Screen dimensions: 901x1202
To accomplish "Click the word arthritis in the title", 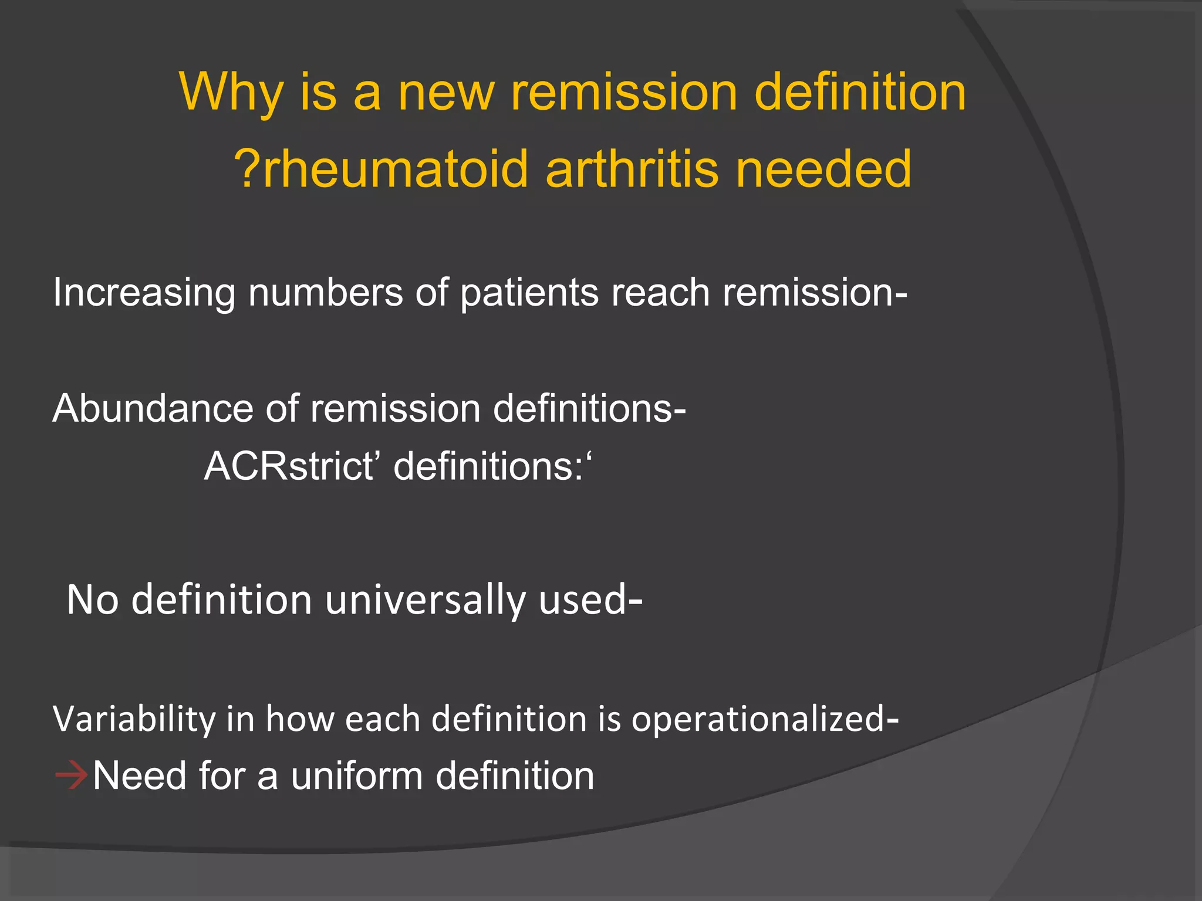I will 632,170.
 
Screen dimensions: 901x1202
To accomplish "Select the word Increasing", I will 144,293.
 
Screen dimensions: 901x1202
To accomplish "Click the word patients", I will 529,293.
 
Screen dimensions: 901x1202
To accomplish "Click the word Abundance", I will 153,409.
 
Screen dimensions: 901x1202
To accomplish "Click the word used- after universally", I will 590,601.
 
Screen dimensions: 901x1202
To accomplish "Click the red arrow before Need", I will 71,776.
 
